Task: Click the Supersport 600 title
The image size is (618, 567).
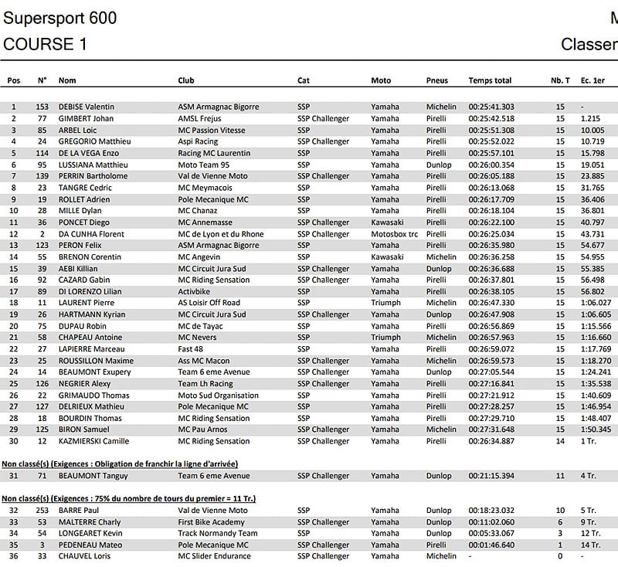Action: click(x=60, y=17)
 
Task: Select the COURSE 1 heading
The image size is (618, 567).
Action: click(x=45, y=44)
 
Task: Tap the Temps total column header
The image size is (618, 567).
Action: click(x=490, y=80)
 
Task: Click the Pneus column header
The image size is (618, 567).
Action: click(x=436, y=80)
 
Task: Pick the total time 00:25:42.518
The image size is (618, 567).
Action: click(x=491, y=118)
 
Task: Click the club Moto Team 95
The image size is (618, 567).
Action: click(x=203, y=165)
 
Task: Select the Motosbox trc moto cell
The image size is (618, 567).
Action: click(x=394, y=234)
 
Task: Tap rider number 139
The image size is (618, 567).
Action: click(x=42, y=176)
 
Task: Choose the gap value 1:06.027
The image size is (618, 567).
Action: click(x=596, y=303)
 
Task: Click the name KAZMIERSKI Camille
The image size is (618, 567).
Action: click(x=93, y=441)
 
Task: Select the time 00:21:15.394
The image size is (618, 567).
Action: click(x=491, y=476)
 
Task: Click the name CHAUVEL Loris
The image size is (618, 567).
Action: click(x=85, y=556)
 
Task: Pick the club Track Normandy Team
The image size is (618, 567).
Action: click(x=218, y=533)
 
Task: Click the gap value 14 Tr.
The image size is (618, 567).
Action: click(x=590, y=545)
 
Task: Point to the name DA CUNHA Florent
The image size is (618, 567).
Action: click(x=91, y=234)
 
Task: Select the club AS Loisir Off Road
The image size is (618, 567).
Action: click(x=209, y=303)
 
